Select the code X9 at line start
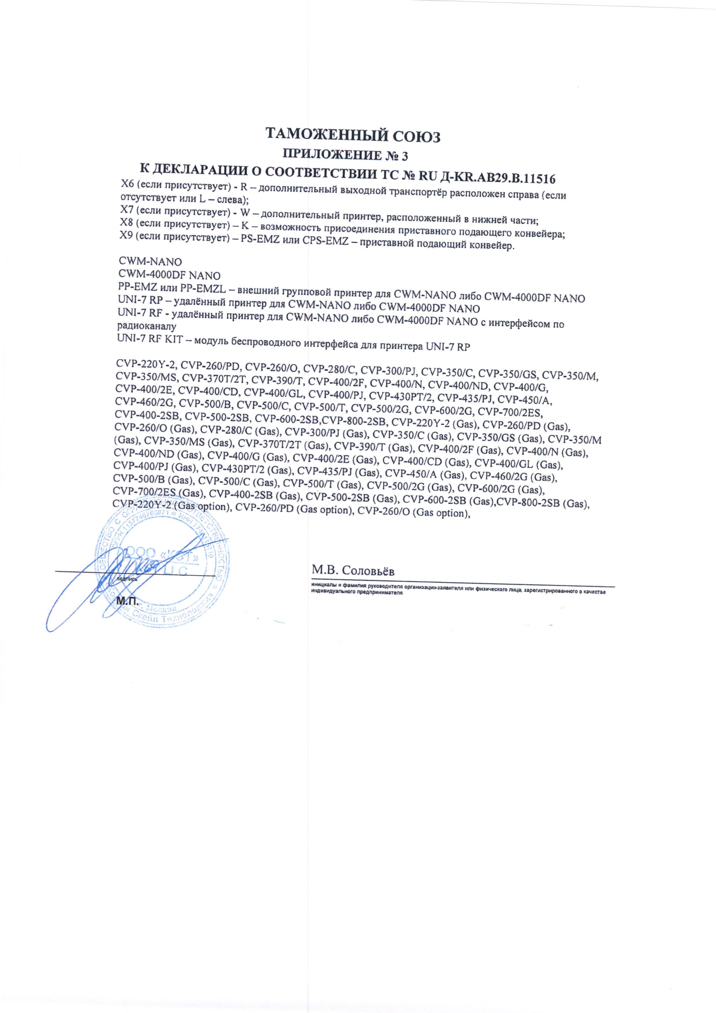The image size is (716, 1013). coord(127,236)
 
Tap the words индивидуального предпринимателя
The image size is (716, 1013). coord(357,594)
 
